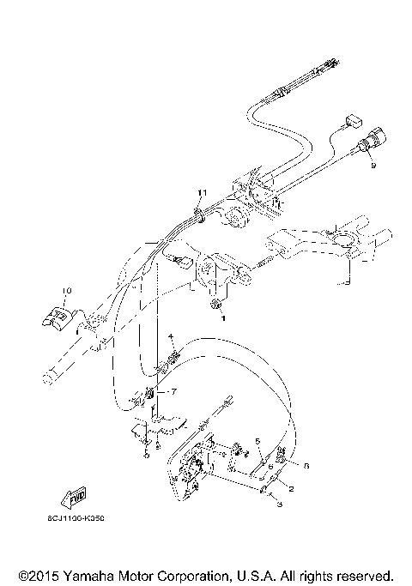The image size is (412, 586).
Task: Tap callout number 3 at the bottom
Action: pos(278,506)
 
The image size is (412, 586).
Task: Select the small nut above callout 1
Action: pos(216,303)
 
